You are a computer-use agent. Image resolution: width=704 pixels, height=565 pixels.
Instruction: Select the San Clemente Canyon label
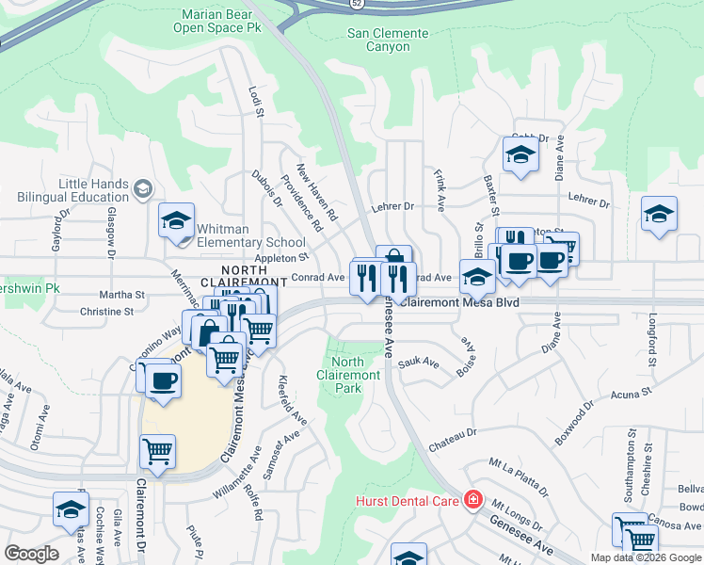pos(388,40)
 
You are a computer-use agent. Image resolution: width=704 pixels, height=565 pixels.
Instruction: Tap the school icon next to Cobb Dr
pos(520,156)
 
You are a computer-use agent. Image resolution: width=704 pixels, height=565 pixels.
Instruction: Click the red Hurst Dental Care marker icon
pos(473,500)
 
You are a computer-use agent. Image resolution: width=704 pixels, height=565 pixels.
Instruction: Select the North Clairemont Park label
pos(348,375)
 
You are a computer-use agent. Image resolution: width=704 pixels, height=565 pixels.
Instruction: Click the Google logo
pos(31,554)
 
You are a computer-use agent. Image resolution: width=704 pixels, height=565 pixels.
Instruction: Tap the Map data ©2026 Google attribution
pos(647,557)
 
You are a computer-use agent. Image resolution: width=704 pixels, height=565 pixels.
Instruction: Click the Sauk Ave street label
pos(419,363)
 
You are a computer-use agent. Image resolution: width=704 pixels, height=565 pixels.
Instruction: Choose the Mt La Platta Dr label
pos(518,476)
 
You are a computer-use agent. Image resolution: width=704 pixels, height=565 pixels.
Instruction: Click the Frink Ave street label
pos(440,190)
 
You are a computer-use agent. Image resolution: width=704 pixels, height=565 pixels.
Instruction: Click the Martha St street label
pos(122,295)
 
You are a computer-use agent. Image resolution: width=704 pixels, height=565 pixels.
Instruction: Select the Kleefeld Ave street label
pos(293,401)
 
